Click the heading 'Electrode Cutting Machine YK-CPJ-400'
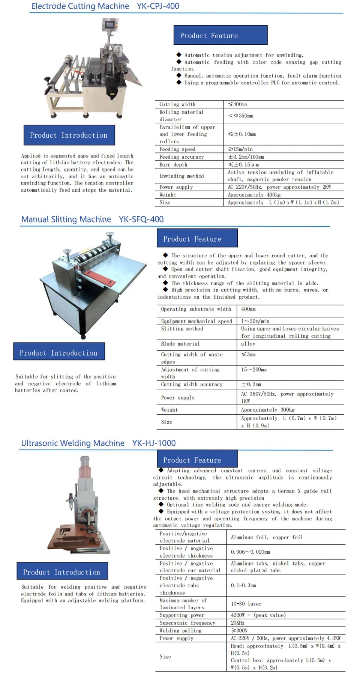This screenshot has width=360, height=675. (105, 6)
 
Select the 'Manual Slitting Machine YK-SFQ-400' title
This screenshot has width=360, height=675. (92, 219)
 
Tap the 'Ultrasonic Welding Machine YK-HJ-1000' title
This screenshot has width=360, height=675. (98, 443)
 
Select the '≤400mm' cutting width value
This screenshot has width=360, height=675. (238, 104)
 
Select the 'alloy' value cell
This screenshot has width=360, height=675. (248, 344)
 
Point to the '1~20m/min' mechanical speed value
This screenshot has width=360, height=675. (255, 321)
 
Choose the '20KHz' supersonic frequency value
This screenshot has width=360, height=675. (238, 623)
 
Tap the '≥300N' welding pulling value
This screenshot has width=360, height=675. (239, 630)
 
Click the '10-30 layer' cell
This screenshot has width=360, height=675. (246, 604)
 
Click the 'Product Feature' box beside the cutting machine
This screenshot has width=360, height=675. (220, 35)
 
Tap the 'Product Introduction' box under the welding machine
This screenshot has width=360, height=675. (62, 572)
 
